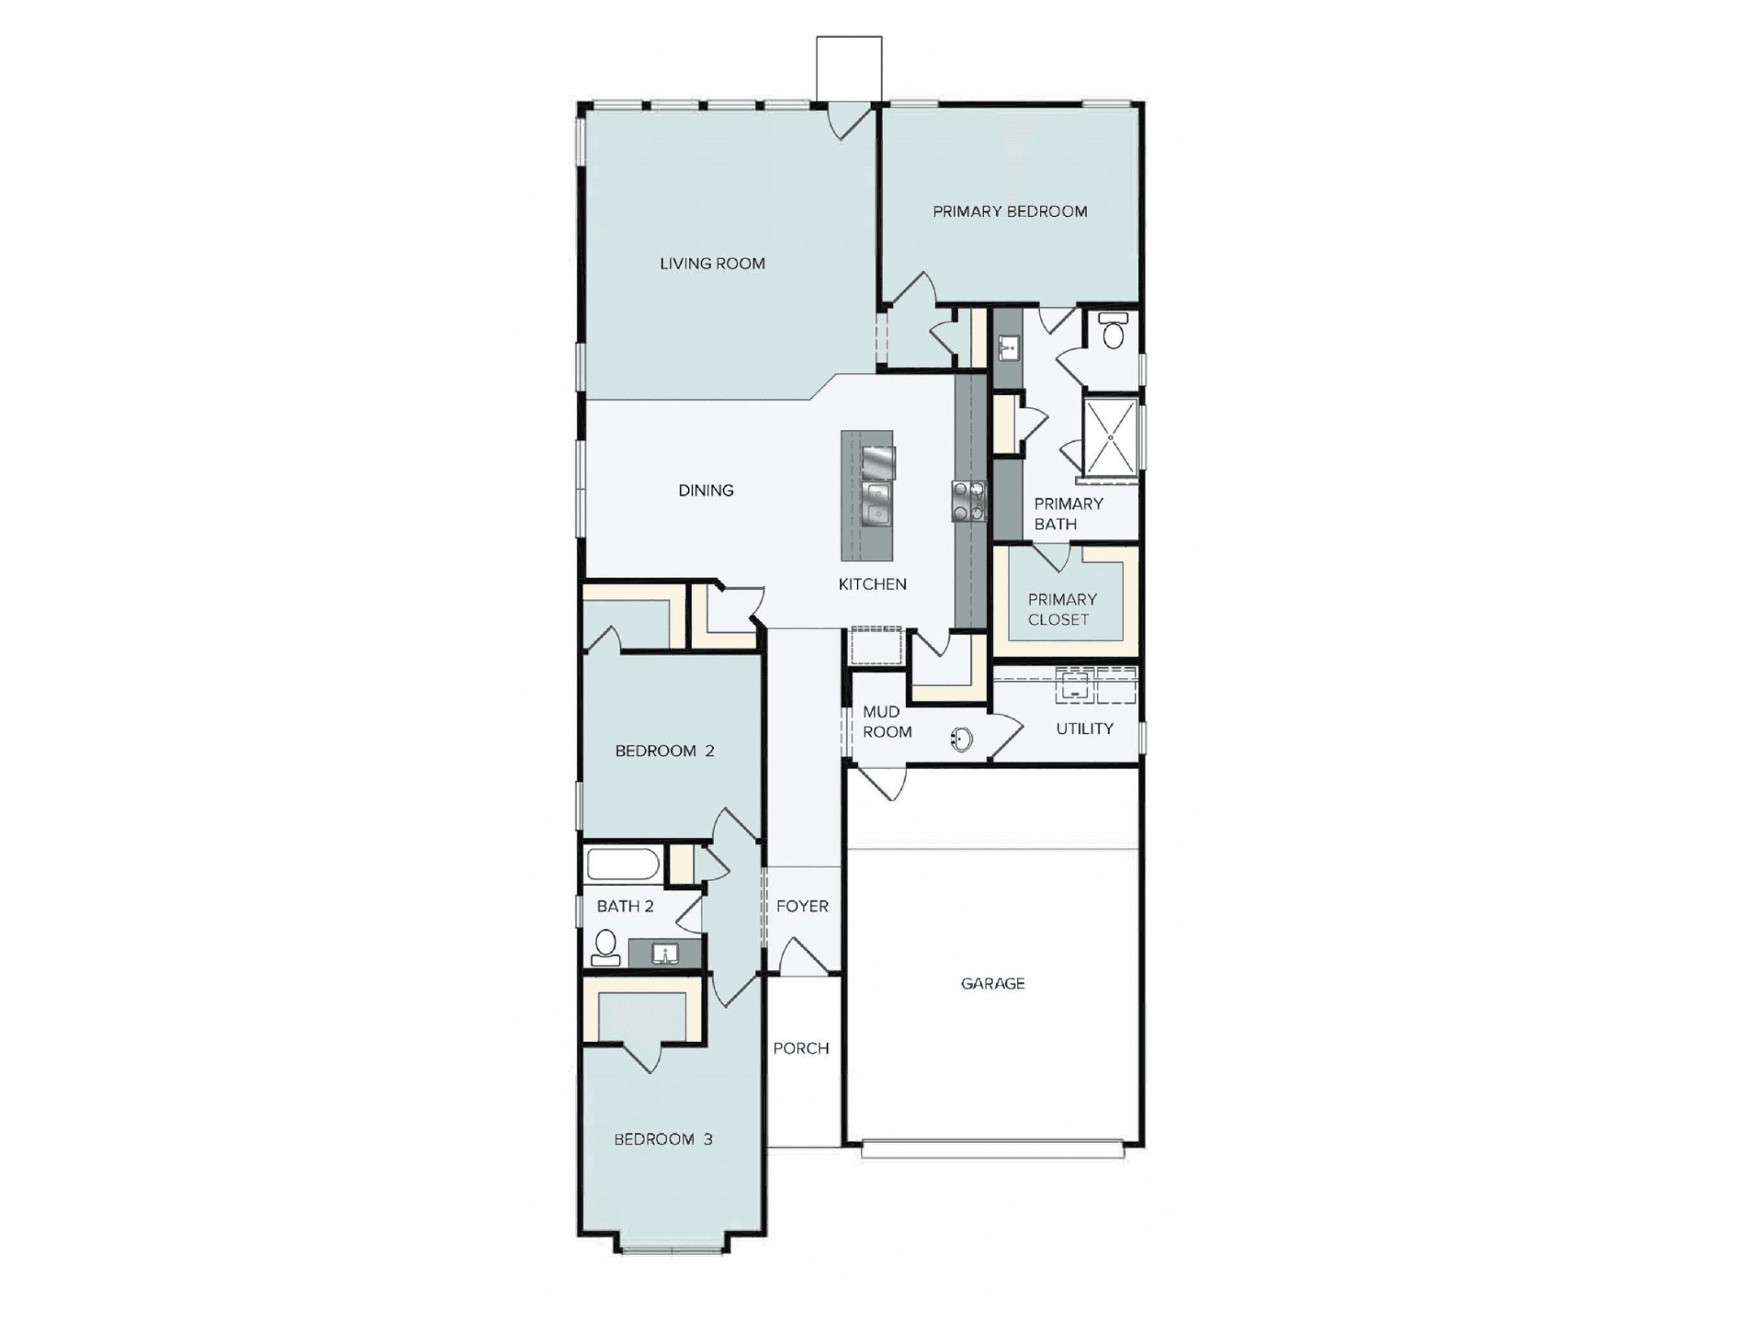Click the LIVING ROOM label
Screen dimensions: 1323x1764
pos(712,264)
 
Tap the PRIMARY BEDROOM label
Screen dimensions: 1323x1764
pos(1010,211)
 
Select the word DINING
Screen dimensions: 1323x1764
pos(706,491)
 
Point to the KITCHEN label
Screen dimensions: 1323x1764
pos(872,584)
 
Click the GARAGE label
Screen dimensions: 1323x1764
pos(992,983)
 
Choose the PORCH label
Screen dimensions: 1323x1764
pos(800,1048)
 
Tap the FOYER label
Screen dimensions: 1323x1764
pos(802,906)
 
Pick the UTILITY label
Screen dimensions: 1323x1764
pos(1084,729)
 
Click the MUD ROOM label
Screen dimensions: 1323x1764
pos(887,722)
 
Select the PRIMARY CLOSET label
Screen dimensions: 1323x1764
pos(1061,609)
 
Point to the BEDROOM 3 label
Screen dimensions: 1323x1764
pos(663,1139)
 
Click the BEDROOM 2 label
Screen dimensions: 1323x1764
pos(664,751)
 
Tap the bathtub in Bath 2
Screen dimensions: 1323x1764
pos(623,865)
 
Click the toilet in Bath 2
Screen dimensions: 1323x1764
pos(605,947)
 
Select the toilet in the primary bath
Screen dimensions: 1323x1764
pos(1113,331)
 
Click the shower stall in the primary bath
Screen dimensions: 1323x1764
pos(1111,437)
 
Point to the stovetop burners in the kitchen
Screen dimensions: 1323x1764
pos(968,502)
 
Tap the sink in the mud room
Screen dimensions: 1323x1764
pos(961,739)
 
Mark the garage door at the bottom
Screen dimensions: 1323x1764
pos(992,1149)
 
